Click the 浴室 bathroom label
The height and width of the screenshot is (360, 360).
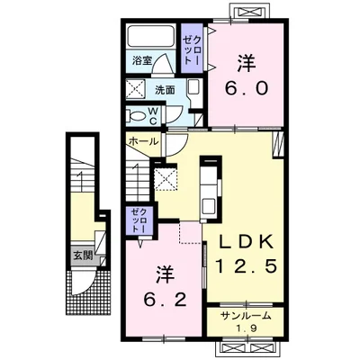[142, 60]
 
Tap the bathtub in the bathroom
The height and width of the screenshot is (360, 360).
[150, 36]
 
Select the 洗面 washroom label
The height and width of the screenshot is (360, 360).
[166, 90]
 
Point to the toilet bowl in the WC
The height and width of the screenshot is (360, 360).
[139, 115]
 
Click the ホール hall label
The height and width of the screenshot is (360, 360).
[143, 141]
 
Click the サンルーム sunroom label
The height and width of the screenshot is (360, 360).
[246, 316]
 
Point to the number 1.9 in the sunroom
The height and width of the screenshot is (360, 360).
[246, 328]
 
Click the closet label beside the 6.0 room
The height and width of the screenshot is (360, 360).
[193, 49]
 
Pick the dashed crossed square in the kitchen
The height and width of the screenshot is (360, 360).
[166, 179]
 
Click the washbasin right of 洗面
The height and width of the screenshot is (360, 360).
[193, 87]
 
